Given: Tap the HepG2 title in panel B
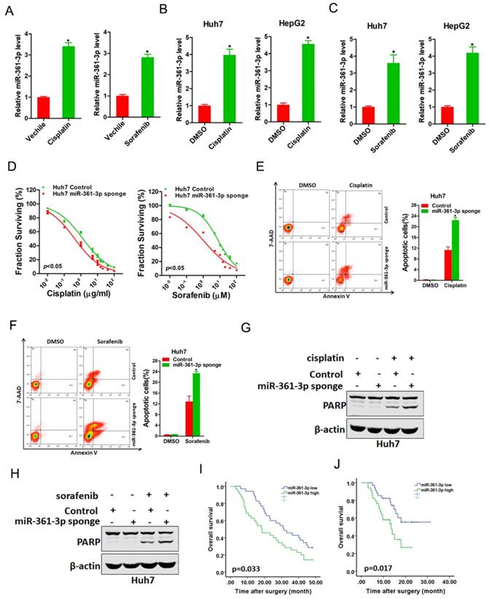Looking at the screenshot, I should click(288, 22).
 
